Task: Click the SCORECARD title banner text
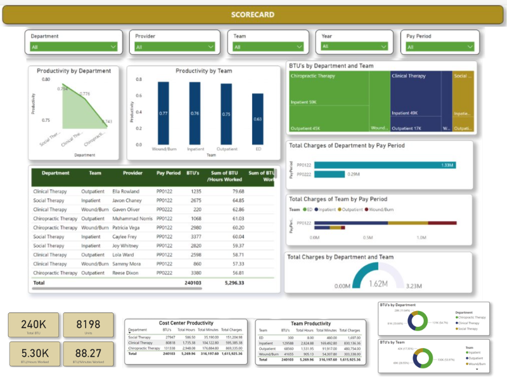pos(253,14)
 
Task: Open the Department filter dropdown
pos(74,46)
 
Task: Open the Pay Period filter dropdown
pos(441,46)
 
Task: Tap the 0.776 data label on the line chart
pos(84,94)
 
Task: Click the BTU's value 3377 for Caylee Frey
pos(195,236)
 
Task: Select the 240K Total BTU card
pos(33,325)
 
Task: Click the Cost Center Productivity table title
pos(186,323)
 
